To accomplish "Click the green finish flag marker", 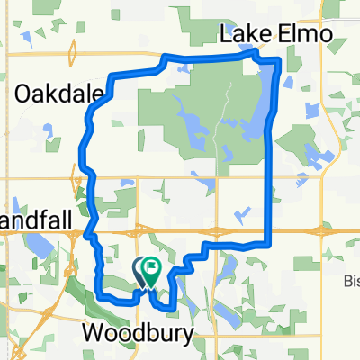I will (151, 267).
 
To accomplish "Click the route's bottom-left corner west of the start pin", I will (99, 292).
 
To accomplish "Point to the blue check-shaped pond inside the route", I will (240, 213).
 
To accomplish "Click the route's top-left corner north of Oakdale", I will (110, 74).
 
